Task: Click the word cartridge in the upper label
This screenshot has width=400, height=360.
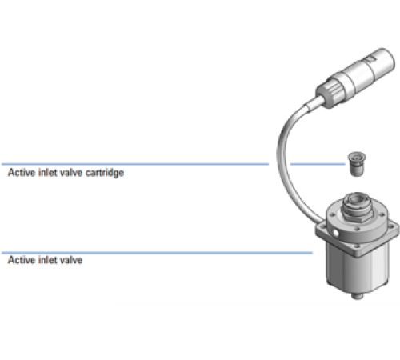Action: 105,173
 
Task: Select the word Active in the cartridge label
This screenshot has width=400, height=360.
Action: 22,173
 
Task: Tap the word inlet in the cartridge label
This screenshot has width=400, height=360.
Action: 48,173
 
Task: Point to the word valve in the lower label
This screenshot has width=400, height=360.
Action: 71,260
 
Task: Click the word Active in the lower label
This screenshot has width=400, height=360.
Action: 22,260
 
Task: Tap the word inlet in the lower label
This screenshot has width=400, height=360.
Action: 48,260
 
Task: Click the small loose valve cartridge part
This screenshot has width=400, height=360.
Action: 357,164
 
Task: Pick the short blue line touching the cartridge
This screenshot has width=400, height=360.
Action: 318,164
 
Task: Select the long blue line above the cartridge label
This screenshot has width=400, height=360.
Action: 135,164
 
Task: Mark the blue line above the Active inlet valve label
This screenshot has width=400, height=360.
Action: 157,253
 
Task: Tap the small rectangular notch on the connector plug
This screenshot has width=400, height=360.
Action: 370,59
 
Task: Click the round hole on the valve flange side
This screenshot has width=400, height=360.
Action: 336,234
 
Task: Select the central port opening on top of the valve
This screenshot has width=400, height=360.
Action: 356,199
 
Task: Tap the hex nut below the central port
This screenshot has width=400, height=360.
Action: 358,215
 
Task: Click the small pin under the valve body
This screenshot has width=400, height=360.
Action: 358,295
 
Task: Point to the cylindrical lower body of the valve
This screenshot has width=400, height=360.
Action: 358,270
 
